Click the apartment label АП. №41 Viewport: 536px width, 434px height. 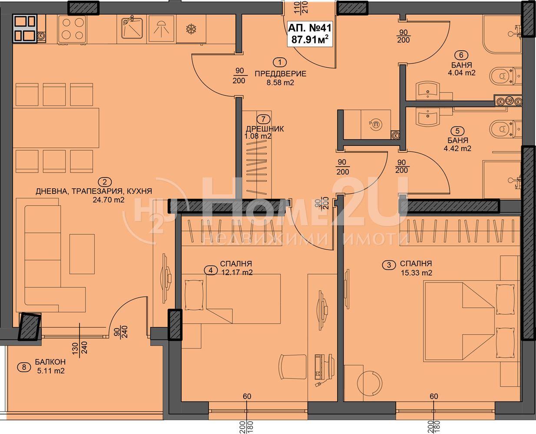(310, 28)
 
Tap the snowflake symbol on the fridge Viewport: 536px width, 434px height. (191, 29)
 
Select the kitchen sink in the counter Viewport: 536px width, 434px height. (131, 29)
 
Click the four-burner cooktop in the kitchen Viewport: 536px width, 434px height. (73, 29)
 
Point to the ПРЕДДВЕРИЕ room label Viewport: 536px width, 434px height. (280, 74)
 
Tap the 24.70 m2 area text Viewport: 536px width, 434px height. (109, 200)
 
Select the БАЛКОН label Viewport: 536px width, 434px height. (50, 362)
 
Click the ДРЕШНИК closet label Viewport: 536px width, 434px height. (265, 129)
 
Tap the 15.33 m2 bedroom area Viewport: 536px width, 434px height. (417, 273)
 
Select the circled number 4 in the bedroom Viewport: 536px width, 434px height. (211, 270)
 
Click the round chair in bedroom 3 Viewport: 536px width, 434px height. (370, 384)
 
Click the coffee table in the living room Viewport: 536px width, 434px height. (82, 254)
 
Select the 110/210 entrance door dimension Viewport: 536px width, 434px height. (301, 7)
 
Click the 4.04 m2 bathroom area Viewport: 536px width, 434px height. (462, 73)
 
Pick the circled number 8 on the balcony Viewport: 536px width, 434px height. (24, 367)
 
